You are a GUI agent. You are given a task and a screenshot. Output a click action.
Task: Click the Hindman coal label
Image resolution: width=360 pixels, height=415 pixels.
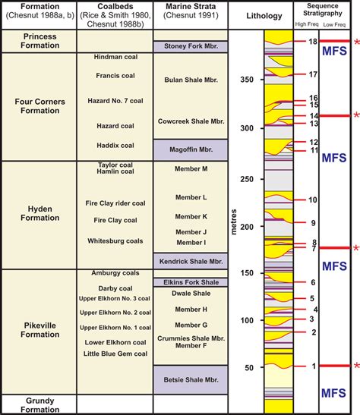coord(115,58)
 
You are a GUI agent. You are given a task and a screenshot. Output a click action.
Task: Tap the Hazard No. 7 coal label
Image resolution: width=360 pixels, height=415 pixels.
coord(115,100)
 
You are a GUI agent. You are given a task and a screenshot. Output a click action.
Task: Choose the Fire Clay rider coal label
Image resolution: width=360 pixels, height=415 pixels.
coord(115,203)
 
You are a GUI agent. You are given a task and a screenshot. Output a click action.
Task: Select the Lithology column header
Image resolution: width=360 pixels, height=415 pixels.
coord(266,16)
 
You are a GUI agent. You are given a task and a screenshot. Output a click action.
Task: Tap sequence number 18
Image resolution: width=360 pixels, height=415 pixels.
coord(312,42)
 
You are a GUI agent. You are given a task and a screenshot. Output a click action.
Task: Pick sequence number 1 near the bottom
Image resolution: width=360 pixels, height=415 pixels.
coord(312,366)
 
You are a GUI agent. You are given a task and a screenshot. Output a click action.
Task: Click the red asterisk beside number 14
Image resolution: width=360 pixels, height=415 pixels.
coord(355,115)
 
